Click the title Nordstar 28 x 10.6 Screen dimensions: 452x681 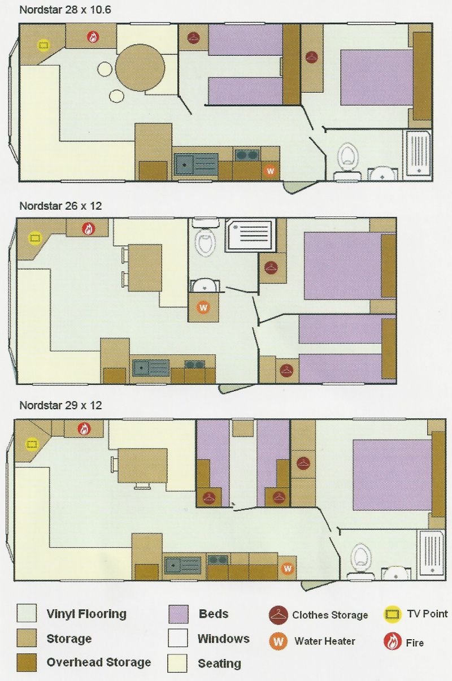pyautogui.click(x=65, y=10)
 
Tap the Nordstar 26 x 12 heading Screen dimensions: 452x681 pyautogui.click(x=60, y=206)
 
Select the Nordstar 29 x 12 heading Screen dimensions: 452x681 pyautogui.click(x=60, y=405)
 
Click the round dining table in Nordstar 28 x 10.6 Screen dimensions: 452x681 pyautogui.click(x=140, y=68)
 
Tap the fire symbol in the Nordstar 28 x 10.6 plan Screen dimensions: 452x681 pyautogui.click(x=93, y=37)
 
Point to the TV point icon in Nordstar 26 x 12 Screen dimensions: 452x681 pyautogui.click(x=34, y=238)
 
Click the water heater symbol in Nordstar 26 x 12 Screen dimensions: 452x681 pyautogui.click(x=203, y=307)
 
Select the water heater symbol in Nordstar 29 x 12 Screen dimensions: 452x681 pyautogui.click(x=287, y=568)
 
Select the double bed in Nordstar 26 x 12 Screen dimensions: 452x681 pyautogui.click(x=342, y=266)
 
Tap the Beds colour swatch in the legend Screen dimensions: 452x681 pyautogui.click(x=178, y=614)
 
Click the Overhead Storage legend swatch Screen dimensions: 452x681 pyautogui.click(x=27, y=662)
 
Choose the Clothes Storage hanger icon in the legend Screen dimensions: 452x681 pyautogui.click(x=278, y=614)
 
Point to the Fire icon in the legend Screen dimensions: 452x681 pyautogui.click(x=392, y=641)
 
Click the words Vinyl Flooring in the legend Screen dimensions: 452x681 pyautogui.click(x=86, y=614)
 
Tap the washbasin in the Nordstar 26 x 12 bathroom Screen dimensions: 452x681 pyautogui.click(x=205, y=286)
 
